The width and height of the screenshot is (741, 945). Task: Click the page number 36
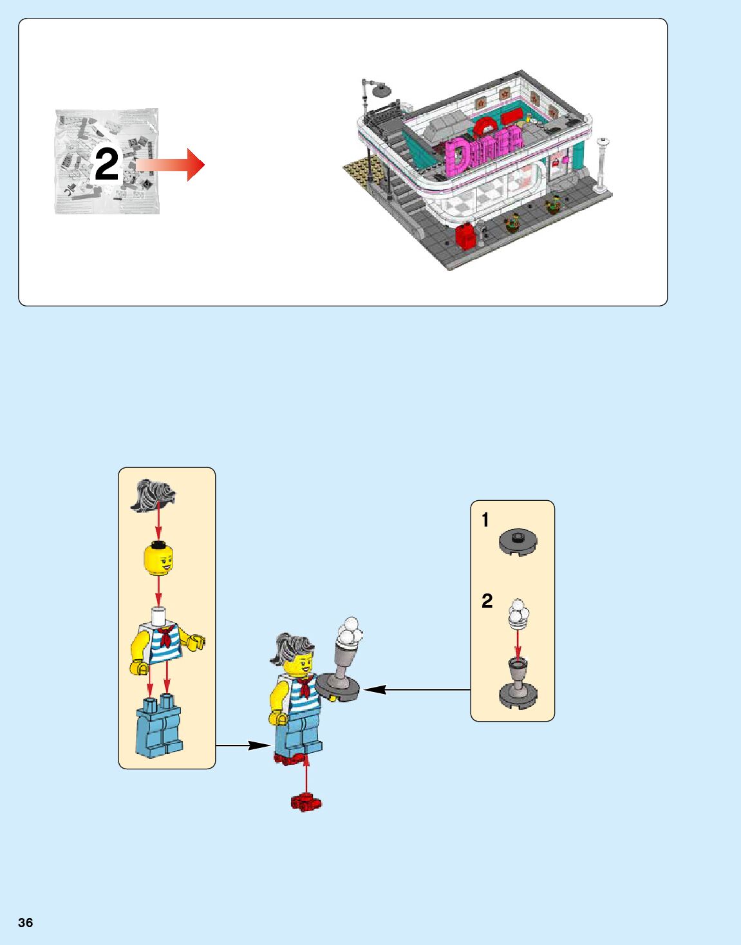pos(25,922)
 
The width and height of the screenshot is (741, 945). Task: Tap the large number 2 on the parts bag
pos(107,164)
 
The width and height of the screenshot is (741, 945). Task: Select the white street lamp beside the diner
pos(602,164)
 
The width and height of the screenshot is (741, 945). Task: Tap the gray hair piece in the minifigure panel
pos(153,496)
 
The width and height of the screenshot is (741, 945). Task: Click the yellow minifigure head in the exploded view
pos(158,559)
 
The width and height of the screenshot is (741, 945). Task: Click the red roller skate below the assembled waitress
pos(306,802)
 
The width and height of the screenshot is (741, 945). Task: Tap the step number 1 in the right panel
pos(485,519)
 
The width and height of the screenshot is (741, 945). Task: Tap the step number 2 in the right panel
pos(487,601)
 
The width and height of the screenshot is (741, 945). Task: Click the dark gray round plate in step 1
pos(518,542)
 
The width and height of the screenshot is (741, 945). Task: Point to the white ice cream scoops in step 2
pos(519,612)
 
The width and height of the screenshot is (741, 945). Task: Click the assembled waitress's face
pos(300,664)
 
